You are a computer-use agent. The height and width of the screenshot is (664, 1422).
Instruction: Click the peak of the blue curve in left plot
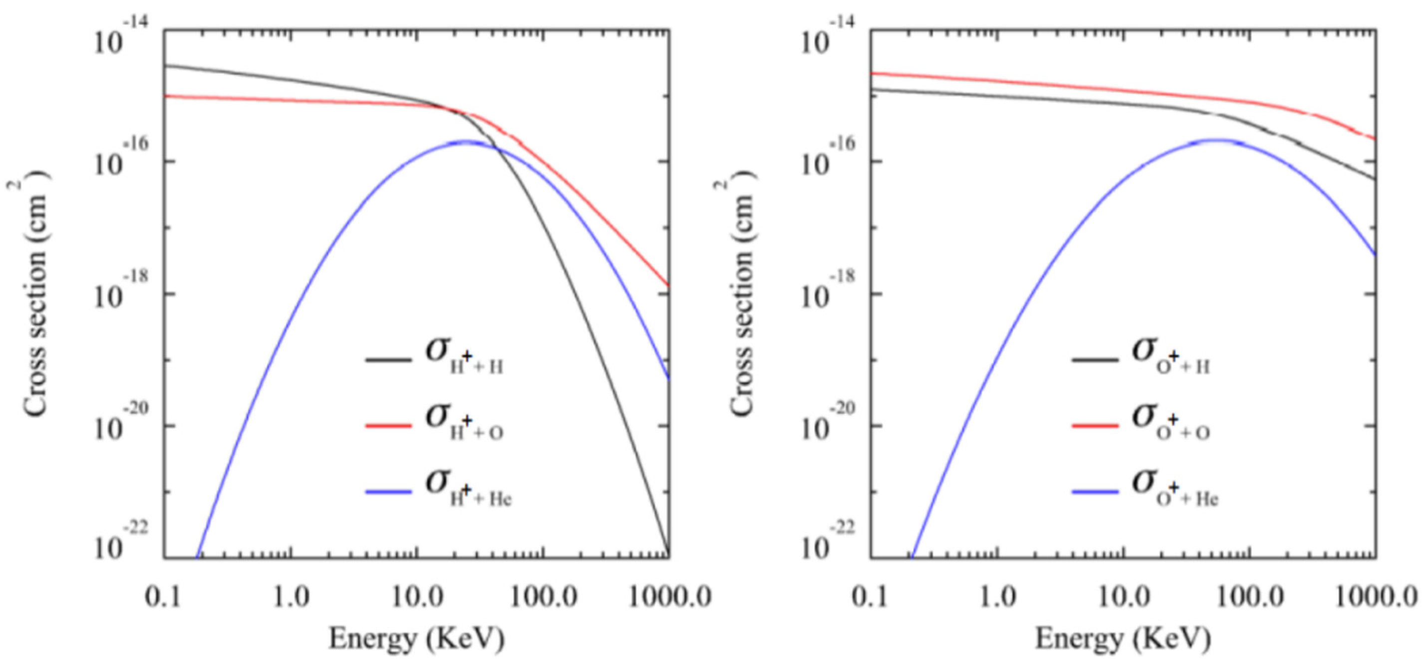click(x=467, y=141)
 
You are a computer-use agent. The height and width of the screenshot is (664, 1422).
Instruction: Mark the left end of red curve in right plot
click(x=872, y=73)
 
